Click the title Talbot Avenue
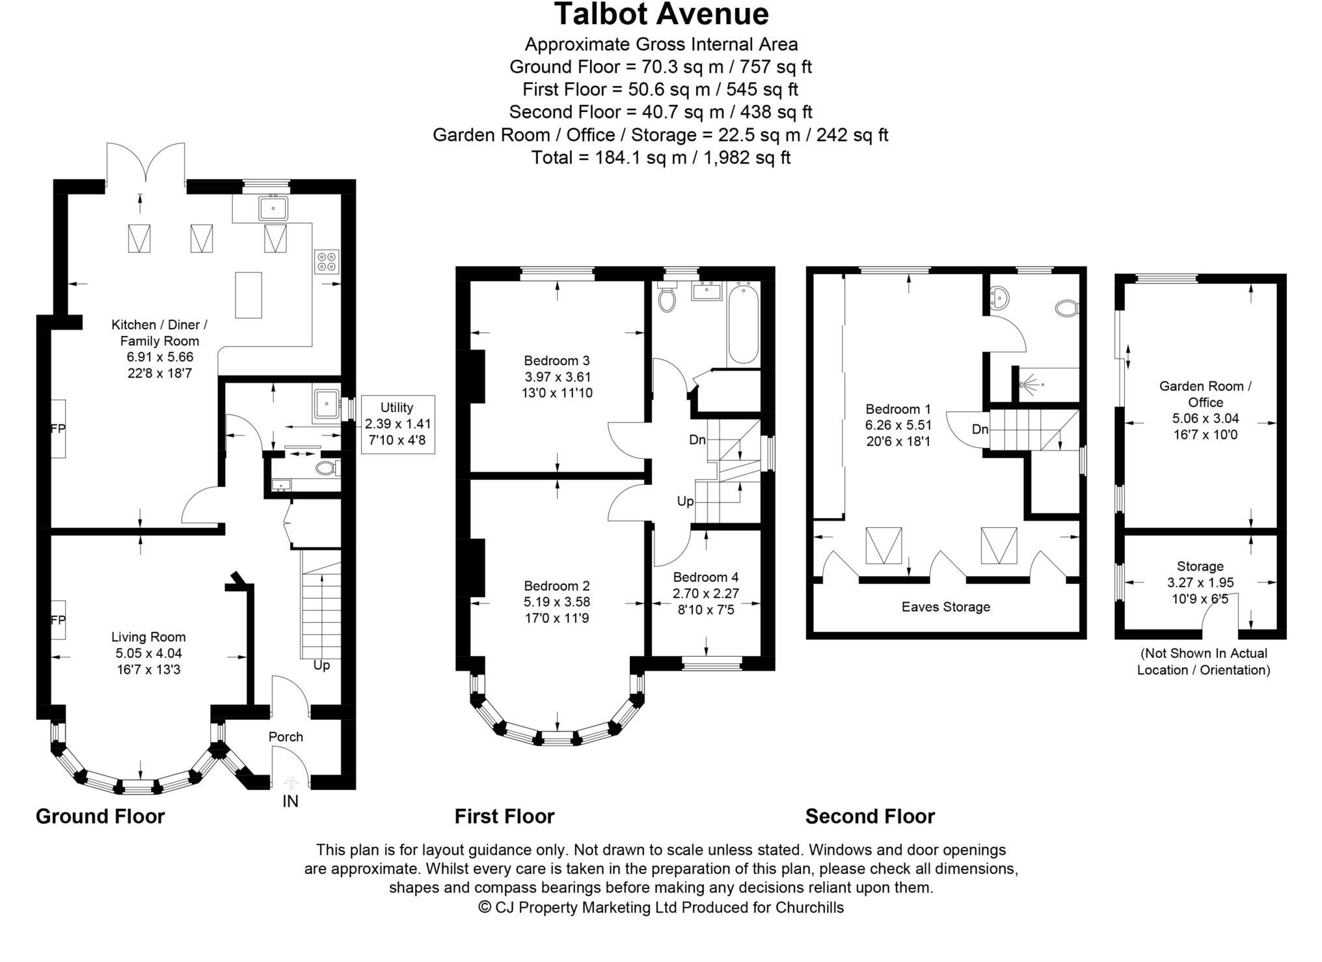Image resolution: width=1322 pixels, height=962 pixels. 661,14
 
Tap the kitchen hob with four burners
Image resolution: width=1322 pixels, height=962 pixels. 326,261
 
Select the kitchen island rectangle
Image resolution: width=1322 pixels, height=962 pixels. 248,295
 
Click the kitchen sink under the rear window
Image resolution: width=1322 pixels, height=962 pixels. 273,208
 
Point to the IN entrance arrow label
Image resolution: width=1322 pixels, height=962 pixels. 290,801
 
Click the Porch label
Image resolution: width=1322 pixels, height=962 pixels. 286,737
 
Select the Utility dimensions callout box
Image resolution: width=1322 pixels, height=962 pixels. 398,424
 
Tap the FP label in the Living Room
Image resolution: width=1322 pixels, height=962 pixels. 58,620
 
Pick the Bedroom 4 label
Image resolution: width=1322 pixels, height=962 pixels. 705,577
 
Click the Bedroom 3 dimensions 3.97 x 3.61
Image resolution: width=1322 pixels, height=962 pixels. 557,377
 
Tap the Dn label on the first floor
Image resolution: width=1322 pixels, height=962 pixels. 697,440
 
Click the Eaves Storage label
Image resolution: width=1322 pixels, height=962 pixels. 945,607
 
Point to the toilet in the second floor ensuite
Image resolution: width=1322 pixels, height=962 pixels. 1066,307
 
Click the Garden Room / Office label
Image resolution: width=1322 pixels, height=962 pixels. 1205,394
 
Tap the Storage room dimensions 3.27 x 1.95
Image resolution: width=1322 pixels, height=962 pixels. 1200,583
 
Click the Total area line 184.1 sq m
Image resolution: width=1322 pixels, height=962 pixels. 660,158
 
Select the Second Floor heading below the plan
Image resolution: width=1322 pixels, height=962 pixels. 869,816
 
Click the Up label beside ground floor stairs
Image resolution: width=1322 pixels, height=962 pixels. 321,665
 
